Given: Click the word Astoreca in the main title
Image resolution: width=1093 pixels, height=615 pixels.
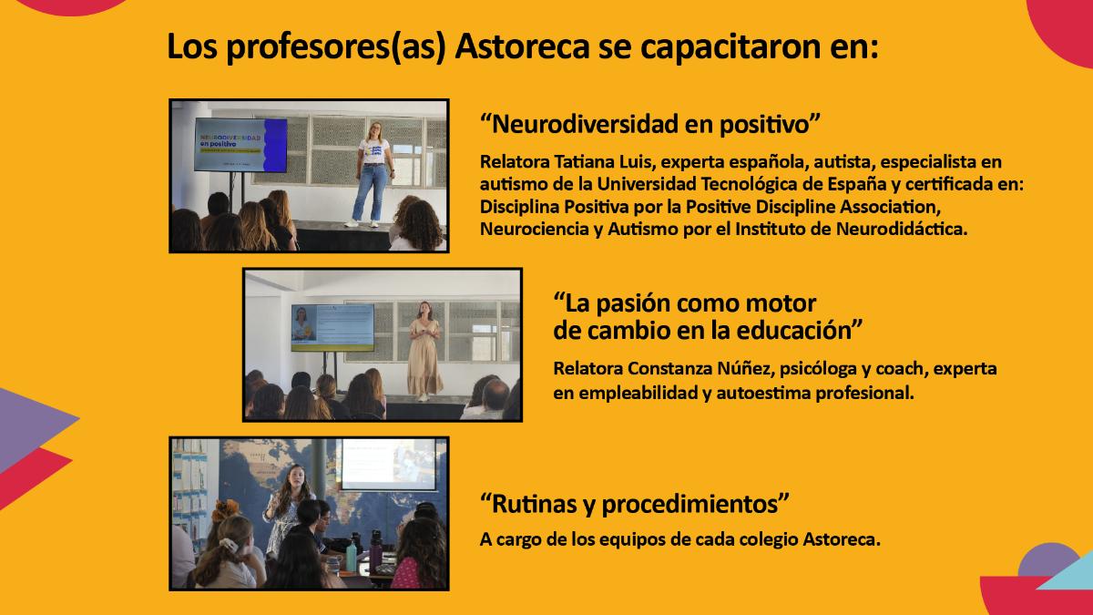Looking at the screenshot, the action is [x=522, y=46].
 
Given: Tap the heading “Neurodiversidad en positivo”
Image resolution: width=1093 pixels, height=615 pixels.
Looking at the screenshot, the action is [x=650, y=125].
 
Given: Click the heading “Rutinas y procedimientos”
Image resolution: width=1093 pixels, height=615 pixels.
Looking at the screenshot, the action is [x=634, y=504].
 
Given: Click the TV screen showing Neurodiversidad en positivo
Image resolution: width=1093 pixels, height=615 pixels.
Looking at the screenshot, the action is [x=240, y=145].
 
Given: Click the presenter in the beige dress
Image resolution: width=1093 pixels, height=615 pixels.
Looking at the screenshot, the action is [x=424, y=352].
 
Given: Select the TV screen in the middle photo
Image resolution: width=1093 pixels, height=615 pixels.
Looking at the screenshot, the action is [x=332, y=327].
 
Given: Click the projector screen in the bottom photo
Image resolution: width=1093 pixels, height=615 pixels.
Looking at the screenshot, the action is [x=388, y=464].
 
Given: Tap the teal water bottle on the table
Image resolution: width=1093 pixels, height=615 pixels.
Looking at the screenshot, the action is [x=352, y=557].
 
